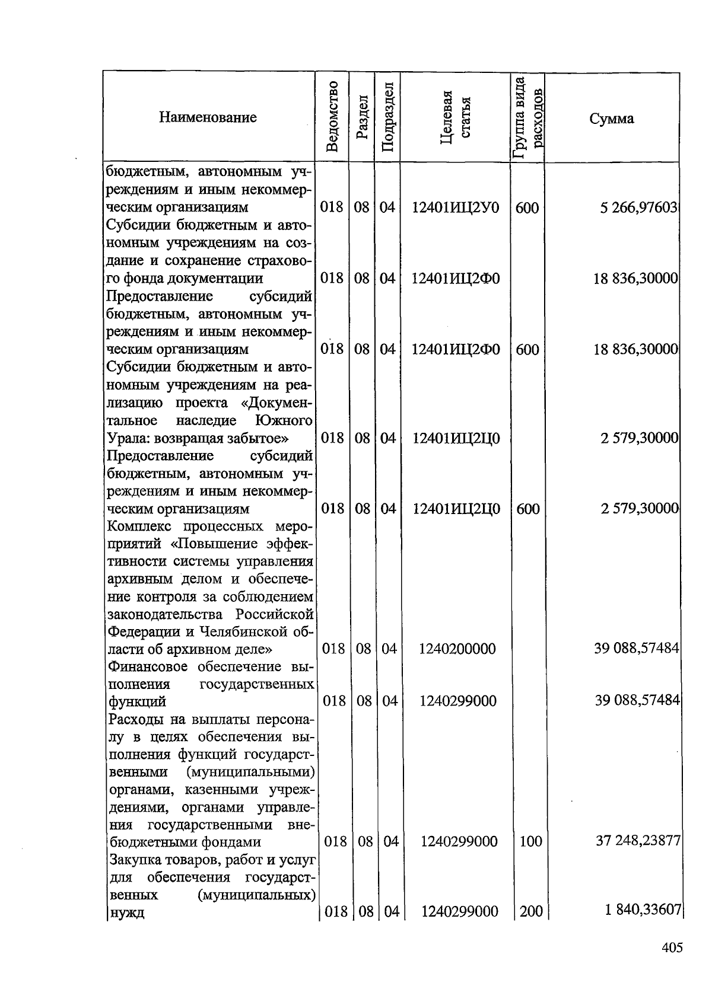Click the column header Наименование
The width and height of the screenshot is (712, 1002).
click(208, 117)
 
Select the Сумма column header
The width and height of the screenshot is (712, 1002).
click(611, 119)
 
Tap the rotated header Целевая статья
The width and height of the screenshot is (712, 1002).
click(455, 117)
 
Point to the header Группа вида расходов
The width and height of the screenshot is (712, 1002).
click(527, 117)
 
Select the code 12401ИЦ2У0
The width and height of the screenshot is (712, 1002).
click(456, 208)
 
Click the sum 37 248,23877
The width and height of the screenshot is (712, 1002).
click(638, 841)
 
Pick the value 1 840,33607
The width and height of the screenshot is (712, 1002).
click(642, 911)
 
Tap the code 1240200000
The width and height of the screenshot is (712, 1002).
click(457, 649)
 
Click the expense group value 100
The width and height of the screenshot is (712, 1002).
click(530, 841)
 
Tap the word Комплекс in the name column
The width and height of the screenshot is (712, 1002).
click(138, 526)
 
